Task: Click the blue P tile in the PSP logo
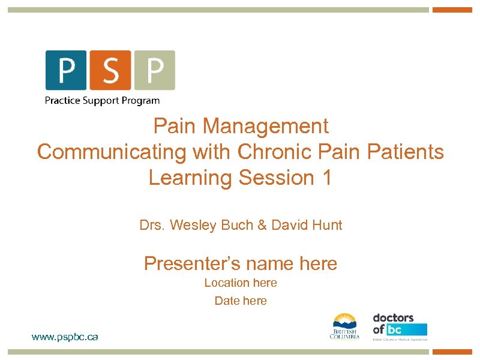tap(66, 70)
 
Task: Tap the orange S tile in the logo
tap(110, 70)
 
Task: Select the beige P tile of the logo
tap(154, 70)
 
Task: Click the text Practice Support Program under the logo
tap(102, 100)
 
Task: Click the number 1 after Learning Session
tap(325, 178)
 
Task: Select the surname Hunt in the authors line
tap(327, 226)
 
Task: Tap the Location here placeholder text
tap(241, 283)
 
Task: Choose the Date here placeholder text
tap(241, 301)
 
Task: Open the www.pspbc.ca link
tap(65, 337)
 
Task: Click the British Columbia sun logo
tap(344, 326)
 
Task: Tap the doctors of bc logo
tap(400, 326)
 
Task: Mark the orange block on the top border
tap(452, 10)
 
